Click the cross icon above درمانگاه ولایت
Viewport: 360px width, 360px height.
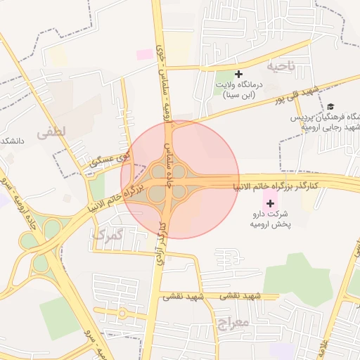238,74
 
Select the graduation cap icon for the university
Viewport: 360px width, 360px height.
330,107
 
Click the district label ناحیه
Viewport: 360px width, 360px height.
282,65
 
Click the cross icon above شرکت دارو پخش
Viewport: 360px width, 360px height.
271,203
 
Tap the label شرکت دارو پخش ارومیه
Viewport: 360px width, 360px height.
271,219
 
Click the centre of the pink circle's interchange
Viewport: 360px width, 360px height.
167,181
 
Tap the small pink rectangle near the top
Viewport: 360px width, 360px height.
144,54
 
